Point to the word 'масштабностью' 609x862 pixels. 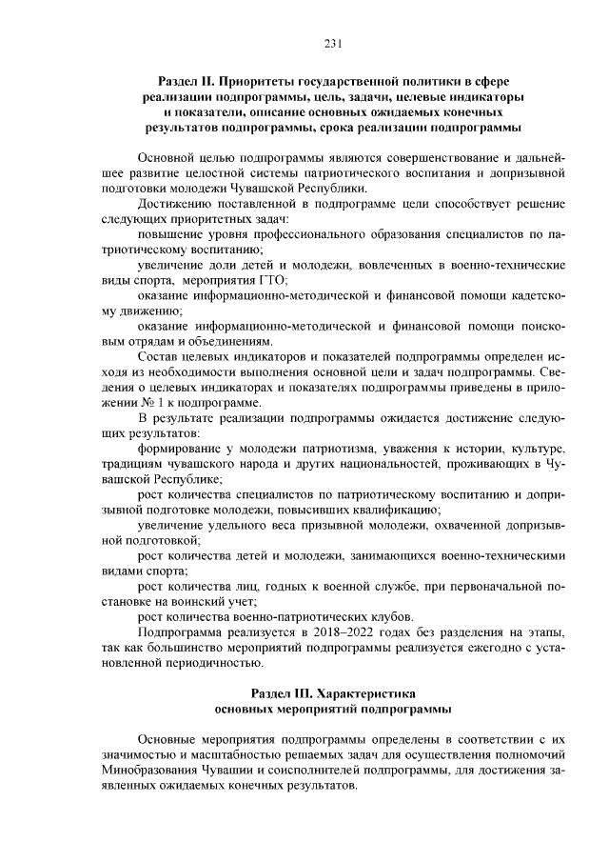[224, 757]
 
